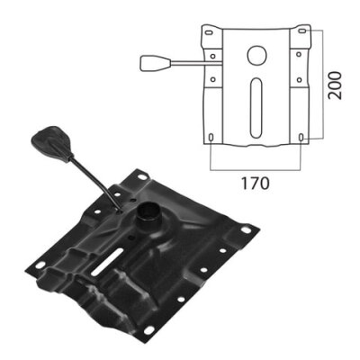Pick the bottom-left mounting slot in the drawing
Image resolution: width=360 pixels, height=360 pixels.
(211, 137)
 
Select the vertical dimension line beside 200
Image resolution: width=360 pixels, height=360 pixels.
(322, 85)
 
